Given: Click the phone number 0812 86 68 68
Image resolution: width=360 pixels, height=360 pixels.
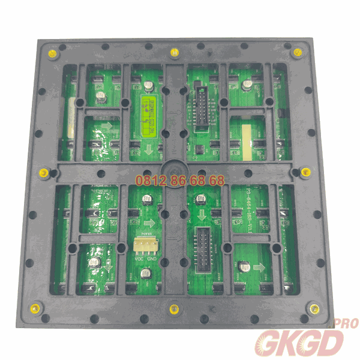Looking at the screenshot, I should (x=180, y=180).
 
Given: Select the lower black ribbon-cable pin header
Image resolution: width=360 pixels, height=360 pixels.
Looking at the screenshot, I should (x=204, y=247).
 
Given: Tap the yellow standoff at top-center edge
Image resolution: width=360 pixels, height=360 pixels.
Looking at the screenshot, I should (x=175, y=52).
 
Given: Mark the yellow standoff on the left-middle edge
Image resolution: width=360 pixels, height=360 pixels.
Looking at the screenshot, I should (x=43, y=174).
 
